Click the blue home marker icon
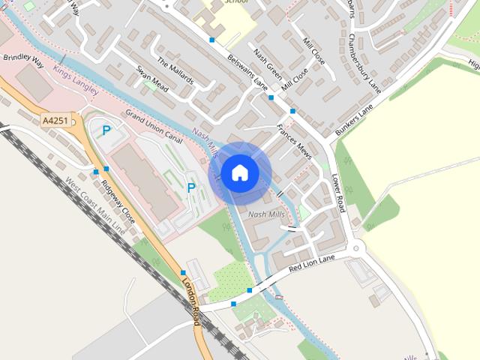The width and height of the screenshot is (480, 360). [x=240, y=173]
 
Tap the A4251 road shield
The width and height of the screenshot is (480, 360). [x=55, y=120]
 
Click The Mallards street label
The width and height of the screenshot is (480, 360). [x=175, y=70]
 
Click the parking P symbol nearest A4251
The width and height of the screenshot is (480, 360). [x=106, y=130]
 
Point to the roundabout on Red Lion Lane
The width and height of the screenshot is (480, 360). [x=355, y=249]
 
